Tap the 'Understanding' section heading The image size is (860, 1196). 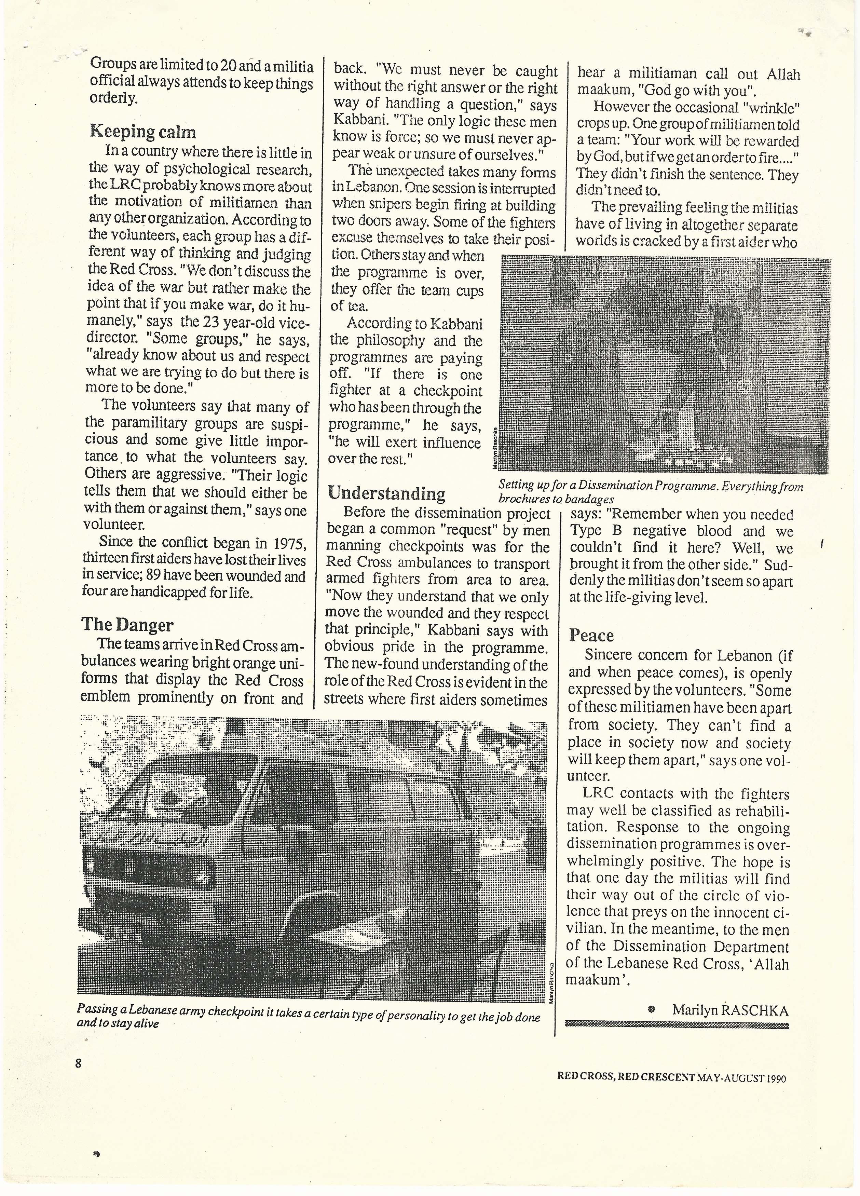pos(386,493)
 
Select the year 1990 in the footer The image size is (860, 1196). pos(776,1078)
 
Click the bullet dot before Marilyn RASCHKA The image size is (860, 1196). pos(651,1010)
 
